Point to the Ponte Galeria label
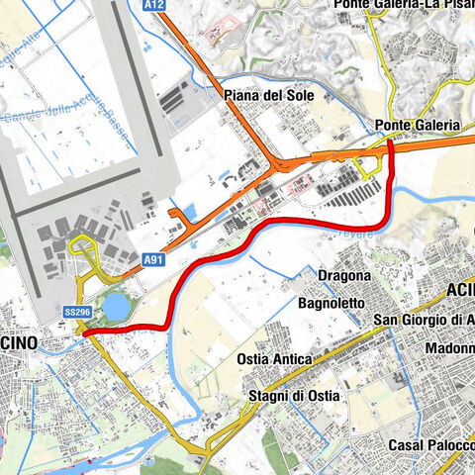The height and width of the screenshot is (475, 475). click(x=418, y=126)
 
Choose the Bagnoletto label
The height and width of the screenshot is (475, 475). click(x=332, y=302)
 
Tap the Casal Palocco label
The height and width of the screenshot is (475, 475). click(x=430, y=445)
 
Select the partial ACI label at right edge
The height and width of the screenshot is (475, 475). click(x=460, y=289)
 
